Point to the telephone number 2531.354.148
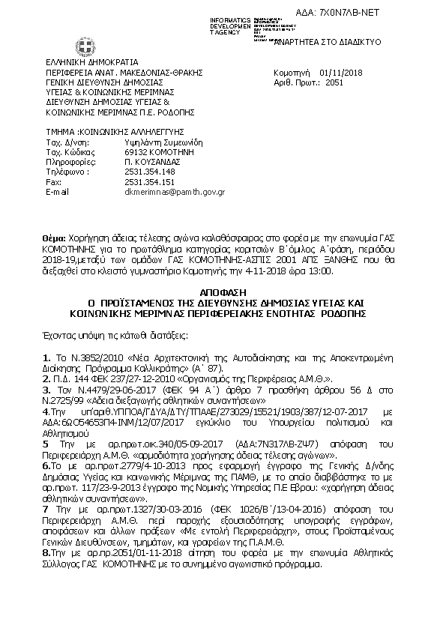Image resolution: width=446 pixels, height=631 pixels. [149, 171]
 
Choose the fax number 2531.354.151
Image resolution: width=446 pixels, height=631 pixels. [149, 181]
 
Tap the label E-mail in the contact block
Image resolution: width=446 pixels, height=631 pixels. [57, 192]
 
